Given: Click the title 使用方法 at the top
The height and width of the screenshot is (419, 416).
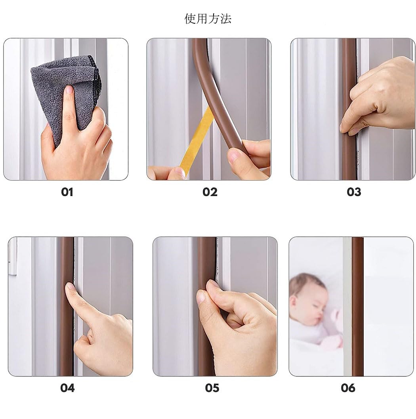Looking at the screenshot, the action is point(208,19).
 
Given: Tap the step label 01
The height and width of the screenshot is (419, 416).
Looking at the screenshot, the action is point(67,192).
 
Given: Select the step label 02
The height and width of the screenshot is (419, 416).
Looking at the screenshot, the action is point(210,192).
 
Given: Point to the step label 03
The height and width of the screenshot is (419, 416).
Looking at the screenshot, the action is point(354,192).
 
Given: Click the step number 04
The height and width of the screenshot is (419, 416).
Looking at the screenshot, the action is point(67,388).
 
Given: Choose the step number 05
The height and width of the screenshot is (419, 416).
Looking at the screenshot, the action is point(212,388).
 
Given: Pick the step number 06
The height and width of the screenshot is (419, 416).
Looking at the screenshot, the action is point(348,388).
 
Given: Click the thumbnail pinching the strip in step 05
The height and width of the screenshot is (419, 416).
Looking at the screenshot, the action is point(201,297).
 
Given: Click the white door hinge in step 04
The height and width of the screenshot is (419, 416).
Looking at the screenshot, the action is point(13,257).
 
